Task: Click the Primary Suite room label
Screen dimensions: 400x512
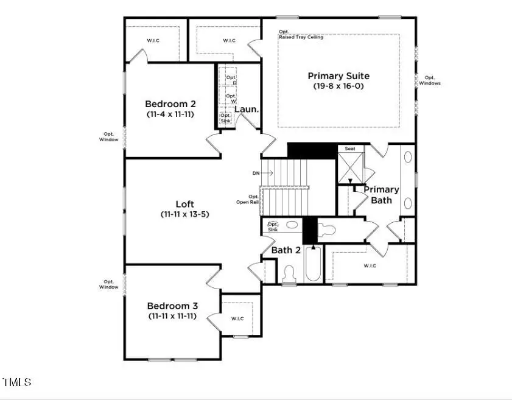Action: point(338,76)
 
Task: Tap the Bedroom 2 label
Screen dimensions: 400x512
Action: point(170,104)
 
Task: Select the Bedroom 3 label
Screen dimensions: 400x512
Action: point(172,306)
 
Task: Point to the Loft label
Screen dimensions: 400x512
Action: point(185,204)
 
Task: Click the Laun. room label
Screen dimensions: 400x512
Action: point(247,110)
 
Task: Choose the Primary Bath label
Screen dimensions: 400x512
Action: point(382,194)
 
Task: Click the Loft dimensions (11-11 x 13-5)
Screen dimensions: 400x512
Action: point(185,214)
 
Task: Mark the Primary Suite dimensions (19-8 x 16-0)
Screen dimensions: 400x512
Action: point(338,86)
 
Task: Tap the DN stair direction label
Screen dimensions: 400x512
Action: point(256,174)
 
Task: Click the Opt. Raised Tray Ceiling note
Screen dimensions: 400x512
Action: point(301,35)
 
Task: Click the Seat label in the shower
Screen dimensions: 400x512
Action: point(350,149)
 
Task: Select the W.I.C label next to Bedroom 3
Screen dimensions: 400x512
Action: point(237,318)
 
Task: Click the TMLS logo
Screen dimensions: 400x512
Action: point(17,382)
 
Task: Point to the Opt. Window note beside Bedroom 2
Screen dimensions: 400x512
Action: point(110,136)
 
